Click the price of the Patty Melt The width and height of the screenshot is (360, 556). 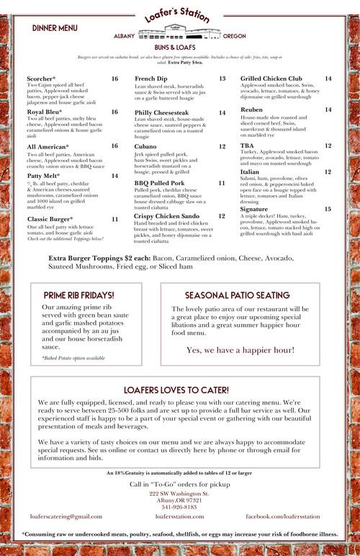coord(114,176)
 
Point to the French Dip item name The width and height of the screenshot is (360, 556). coord(150,78)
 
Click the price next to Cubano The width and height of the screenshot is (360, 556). coord(222,146)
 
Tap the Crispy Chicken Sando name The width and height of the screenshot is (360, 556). coord(166,215)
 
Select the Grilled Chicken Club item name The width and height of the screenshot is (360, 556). coord(271,78)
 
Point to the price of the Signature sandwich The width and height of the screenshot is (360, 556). coord(328,208)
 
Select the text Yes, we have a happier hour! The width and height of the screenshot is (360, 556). coord(240,350)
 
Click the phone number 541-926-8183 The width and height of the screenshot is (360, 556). coord(179,507)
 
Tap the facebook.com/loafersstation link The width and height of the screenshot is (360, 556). coord(292,516)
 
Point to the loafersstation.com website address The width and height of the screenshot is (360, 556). coord(179,516)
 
